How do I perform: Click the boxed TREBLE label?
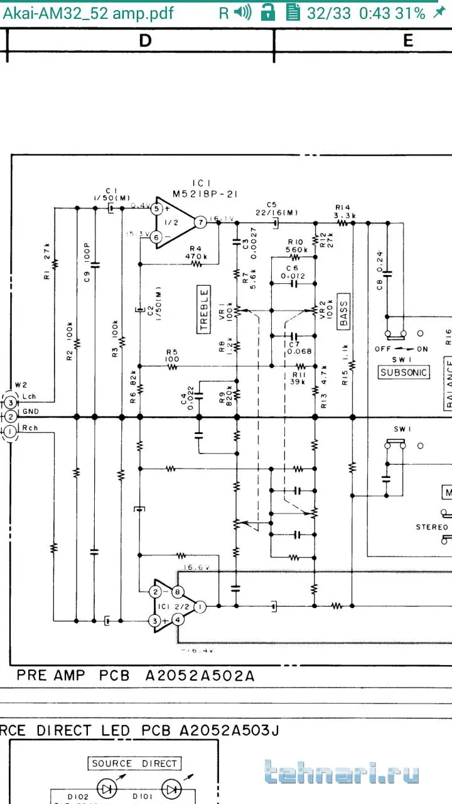click(203, 310)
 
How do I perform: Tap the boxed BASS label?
click(343, 311)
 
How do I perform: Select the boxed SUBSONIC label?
click(404, 372)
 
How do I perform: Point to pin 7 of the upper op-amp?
click(200, 222)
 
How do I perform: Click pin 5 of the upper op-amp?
click(158, 209)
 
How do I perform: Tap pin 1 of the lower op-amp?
click(199, 607)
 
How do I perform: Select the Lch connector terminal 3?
click(10, 401)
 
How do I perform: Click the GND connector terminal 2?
click(10, 416)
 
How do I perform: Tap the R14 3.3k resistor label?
click(345, 211)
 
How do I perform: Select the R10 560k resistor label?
click(295, 245)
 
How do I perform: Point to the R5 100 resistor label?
click(172, 356)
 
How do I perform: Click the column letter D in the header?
click(145, 41)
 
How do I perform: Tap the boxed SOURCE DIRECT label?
click(134, 764)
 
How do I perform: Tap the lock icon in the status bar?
click(268, 13)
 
